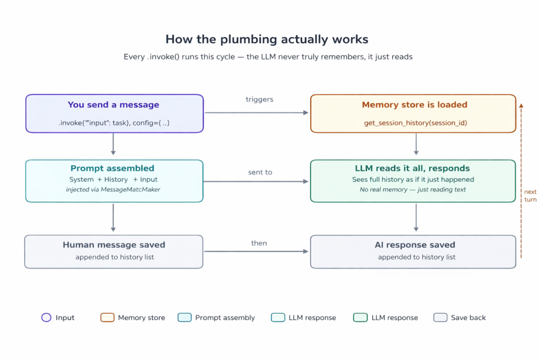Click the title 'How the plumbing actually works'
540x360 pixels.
[267, 39]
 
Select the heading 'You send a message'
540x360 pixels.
[114, 105]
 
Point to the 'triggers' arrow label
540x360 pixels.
[259, 100]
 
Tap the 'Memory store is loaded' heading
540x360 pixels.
[414, 105]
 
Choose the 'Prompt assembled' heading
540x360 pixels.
[113, 168]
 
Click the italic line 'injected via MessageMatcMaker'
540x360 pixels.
[113, 189]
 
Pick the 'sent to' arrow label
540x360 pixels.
[260, 172]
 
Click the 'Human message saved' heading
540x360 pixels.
[114, 244]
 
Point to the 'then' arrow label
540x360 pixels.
[259, 243]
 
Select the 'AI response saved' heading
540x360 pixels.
[415, 244]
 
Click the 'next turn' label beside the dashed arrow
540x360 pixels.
[529, 196]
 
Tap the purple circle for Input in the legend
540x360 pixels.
[46, 318]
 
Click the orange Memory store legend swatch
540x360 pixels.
[107, 318]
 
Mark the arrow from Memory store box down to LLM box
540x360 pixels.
[416, 145]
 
